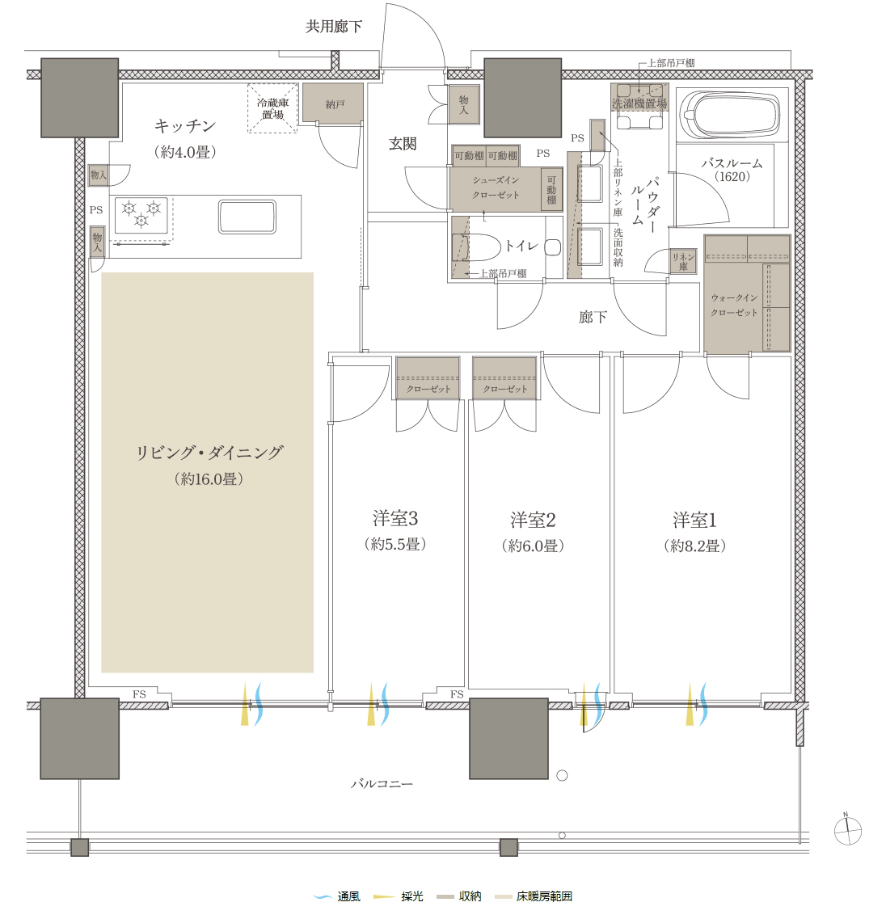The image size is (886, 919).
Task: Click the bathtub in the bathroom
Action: tap(730, 116)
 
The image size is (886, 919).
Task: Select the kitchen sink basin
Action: tap(247, 217)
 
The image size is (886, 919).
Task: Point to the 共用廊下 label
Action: tap(334, 27)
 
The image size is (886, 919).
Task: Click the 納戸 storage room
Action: tap(332, 103)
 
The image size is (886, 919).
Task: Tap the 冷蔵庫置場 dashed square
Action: tap(272, 108)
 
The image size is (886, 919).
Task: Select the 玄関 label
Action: tap(403, 144)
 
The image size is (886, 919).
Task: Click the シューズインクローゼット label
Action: tap(496, 188)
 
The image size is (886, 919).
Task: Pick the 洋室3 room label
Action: tap(395, 518)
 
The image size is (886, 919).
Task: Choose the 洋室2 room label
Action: tap(533, 519)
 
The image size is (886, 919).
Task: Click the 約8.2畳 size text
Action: tap(695, 546)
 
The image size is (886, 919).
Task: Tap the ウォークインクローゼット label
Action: tap(734, 306)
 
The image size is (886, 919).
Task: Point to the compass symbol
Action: tap(847, 831)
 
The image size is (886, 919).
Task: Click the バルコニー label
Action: tap(382, 783)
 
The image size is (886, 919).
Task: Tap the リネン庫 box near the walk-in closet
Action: tap(683, 261)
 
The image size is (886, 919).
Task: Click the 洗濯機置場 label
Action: tap(639, 103)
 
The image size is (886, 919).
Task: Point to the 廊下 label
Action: tap(593, 317)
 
